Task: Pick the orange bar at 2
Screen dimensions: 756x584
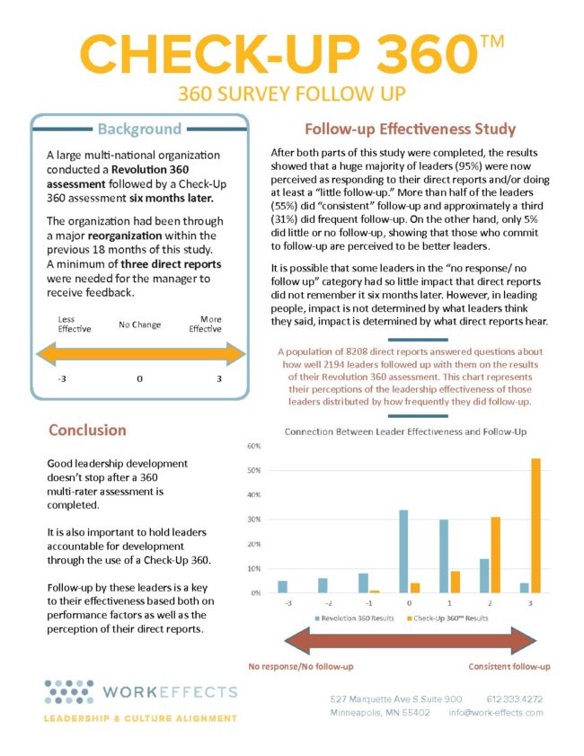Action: click(495, 555)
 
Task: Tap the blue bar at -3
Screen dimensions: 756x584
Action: click(282, 586)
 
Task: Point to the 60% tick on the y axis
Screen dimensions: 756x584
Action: click(253, 446)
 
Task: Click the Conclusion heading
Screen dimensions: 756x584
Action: click(87, 430)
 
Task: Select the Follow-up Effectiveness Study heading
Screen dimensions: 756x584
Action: click(410, 129)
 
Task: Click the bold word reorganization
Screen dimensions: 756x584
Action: click(140, 236)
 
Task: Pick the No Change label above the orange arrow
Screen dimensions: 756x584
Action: click(139, 324)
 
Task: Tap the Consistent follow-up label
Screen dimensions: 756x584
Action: click(509, 667)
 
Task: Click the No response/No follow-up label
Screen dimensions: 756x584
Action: click(300, 667)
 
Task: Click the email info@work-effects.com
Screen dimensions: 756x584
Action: click(496, 713)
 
